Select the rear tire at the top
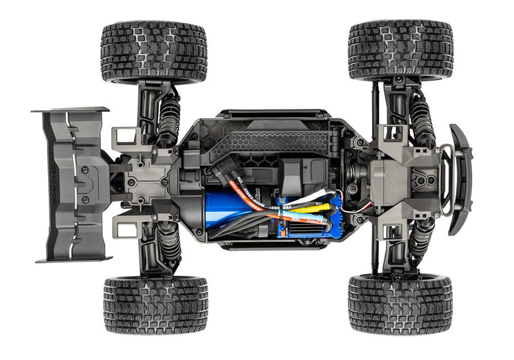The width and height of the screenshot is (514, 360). click(154, 51)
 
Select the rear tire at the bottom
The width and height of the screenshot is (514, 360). click(154, 305)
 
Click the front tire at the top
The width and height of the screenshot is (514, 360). click(400, 50)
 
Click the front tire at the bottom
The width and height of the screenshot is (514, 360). click(400, 305)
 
